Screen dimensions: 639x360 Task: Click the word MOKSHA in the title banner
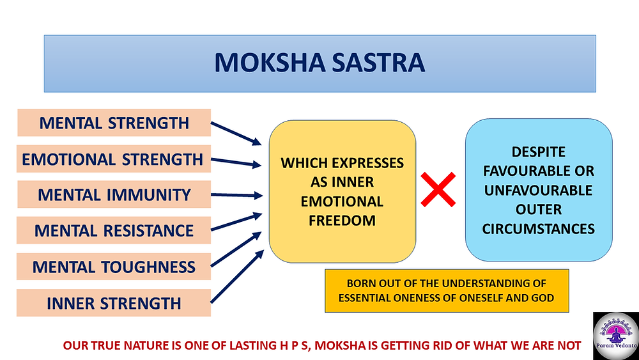coord(269,63)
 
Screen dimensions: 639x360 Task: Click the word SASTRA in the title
coord(378,63)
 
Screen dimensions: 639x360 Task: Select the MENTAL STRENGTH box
coord(114,123)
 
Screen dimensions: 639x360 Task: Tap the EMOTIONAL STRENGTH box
coord(114,159)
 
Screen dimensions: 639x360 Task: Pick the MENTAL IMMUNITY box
coord(114,194)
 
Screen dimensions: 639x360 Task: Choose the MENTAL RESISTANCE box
coord(114,230)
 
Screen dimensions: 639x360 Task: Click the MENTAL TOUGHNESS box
coord(114,267)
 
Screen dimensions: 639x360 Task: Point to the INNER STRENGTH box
coord(114,303)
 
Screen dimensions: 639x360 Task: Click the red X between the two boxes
coord(438,189)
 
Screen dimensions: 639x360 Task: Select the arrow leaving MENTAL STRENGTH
coord(236,133)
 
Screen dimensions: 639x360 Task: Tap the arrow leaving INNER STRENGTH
coord(237,277)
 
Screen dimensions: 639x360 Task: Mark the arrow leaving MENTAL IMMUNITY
coord(236,195)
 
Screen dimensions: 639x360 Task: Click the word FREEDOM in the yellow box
coord(342,221)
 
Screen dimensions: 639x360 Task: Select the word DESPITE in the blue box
coord(538,152)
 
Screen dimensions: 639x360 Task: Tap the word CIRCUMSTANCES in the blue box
coord(538,229)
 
